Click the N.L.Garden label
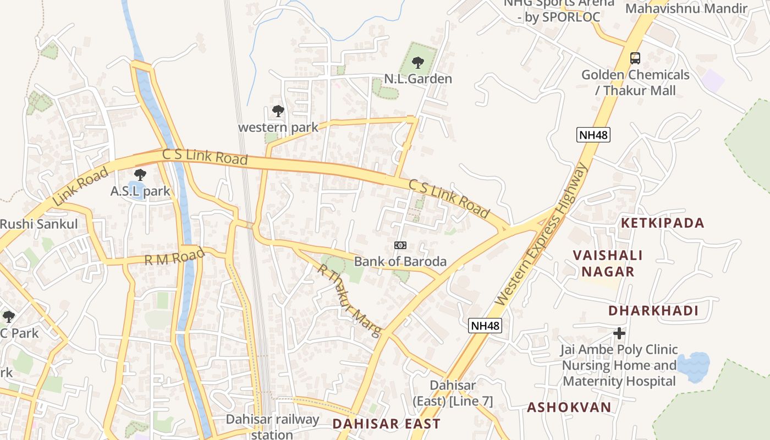(x=417, y=79)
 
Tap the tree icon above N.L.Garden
(x=418, y=62)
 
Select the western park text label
(x=278, y=128)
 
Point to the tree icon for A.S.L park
(x=140, y=175)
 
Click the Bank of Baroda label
(x=400, y=261)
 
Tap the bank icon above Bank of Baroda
(x=400, y=245)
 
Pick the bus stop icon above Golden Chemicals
(x=635, y=58)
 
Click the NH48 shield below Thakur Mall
(x=593, y=135)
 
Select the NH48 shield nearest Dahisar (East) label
(x=485, y=326)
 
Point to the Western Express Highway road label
(x=541, y=234)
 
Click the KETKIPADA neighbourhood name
(x=662, y=223)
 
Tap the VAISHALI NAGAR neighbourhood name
(x=608, y=263)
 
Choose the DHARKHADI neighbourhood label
(x=653, y=311)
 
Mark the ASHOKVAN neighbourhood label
(x=569, y=408)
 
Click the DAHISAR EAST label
(x=386, y=424)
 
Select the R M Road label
(x=174, y=256)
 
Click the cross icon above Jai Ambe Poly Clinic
(x=619, y=333)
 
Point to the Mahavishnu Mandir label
(x=686, y=8)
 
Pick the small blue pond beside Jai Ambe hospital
(x=693, y=365)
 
